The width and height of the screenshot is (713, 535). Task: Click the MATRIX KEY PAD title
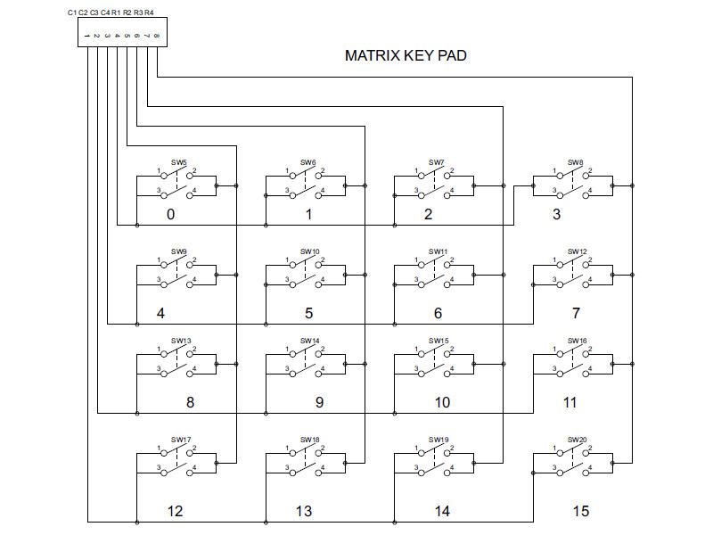coord(406,55)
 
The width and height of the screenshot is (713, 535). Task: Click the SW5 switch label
coord(179,163)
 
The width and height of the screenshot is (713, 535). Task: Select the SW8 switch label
coord(576,163)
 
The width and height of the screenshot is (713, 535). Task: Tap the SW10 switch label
coord(309,252)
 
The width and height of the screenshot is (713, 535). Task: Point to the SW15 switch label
coord(438,341)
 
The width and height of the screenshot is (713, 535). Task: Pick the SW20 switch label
coord(577,440)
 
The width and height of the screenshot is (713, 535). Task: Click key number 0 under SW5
coord(170,215)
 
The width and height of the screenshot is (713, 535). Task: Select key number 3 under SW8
coord(557,215)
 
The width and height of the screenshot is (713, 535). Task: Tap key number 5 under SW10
coord(308,314)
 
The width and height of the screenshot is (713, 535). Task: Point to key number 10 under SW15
coord(442,403)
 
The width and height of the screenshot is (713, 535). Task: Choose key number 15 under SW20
coord(581,512)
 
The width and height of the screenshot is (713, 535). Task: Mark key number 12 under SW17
coord(175,512)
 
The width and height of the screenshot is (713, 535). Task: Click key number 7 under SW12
coord(576,314)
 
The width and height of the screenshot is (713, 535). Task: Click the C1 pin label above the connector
coord(71,12)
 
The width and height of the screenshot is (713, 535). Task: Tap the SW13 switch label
coord(181,341)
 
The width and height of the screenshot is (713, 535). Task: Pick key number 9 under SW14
coord(319,403)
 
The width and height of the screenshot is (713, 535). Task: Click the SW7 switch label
coord(436,163)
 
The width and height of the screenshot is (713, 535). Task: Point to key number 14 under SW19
coord(442,512)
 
